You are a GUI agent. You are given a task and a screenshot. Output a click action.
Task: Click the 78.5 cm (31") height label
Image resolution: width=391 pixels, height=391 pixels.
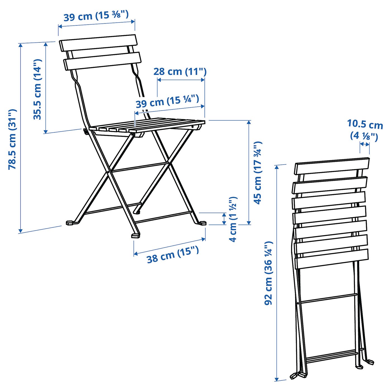click(x=13, y=139)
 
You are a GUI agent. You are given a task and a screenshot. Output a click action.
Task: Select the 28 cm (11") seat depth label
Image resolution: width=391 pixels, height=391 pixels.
click(x=180, y=71)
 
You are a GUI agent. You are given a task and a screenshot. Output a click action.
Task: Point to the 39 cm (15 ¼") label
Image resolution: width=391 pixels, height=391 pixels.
click(x=167, y=101)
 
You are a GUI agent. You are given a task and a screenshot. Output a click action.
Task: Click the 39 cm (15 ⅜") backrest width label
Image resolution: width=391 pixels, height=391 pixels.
click(x=96, y=16)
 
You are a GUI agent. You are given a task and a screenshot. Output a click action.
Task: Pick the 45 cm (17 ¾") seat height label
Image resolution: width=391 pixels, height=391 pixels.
click(x=258, y=173)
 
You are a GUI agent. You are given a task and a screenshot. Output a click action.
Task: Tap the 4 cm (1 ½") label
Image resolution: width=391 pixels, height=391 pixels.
click(x=233, y=219)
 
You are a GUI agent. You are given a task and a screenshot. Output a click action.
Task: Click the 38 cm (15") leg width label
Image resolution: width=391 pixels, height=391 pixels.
click(x=173, y=254)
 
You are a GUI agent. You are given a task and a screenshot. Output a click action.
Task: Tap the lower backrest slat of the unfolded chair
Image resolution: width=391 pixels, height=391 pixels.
click(x=102, y=61)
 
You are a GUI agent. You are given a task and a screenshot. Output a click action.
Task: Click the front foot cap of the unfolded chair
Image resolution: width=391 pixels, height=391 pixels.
click(x=136, y=235)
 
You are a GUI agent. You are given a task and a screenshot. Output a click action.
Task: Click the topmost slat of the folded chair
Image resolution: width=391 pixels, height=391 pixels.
click(x=332, y=165)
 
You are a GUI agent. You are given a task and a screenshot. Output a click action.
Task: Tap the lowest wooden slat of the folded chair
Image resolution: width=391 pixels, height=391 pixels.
click(x=332, y=259)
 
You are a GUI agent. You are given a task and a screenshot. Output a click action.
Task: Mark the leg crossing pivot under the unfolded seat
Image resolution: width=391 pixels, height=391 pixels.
click(x=108, y=172)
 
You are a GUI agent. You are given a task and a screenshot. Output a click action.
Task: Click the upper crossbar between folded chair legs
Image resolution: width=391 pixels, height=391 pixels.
click(x=328, y=298)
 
